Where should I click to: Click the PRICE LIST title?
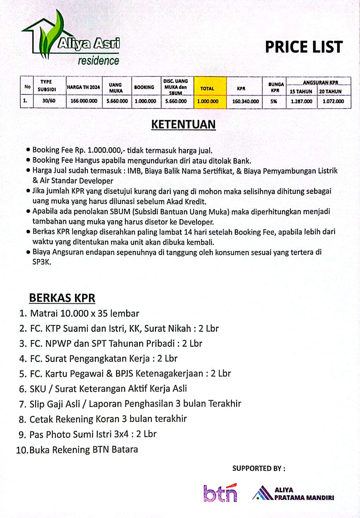click(303, 47)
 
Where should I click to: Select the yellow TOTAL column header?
click(207, 88)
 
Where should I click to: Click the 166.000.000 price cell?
click(84, 101)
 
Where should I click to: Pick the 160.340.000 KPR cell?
click(245, 101)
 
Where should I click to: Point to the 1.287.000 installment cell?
click(301, 101)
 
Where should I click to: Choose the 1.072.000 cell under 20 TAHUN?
click(333, 101)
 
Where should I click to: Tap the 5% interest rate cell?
click(274, 101)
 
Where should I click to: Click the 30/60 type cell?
click(49, 101)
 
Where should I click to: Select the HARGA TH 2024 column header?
click(83, 87)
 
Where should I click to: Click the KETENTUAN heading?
click(183, 125)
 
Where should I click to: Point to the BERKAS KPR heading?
click(62, 298)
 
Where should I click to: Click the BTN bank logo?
click(220, 493)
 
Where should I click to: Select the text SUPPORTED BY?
click(258, 468)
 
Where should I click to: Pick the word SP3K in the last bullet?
click(41, 262)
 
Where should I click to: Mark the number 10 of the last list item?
click(22, 450)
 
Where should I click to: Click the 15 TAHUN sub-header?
click(301, 92)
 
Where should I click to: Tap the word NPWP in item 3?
click(58, 343)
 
